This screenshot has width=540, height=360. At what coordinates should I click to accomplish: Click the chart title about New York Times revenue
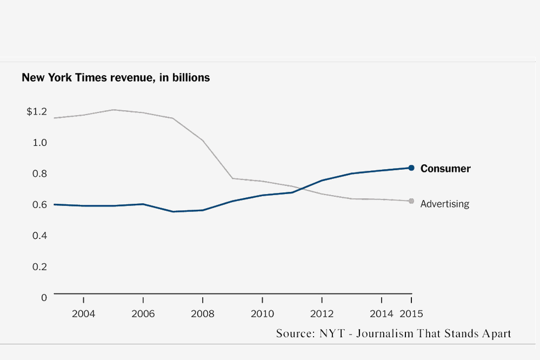tap(116, 78)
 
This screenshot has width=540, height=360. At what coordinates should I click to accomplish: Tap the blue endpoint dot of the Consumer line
tap(411, 168)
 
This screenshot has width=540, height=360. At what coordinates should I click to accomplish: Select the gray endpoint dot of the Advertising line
tap(411, 201)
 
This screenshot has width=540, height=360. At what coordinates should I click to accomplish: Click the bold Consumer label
tap(445, 169)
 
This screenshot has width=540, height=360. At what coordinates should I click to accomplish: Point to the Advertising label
tap(444, 204)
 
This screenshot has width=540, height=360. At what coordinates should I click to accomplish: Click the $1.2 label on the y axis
tap(37, 112)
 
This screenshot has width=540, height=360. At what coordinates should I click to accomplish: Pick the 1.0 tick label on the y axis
tap(40, 143)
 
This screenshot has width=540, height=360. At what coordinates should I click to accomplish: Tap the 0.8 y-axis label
tap(40, 174)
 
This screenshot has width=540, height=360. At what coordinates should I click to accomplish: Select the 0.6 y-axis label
tap(40, 205)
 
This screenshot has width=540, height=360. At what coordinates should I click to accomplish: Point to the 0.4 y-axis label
tap(40, 236)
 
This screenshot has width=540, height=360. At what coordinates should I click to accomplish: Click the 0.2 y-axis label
tap(40, 266)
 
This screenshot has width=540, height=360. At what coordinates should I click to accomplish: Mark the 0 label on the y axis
tap(44, 297)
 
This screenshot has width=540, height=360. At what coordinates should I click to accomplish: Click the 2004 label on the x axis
tap(83, 314)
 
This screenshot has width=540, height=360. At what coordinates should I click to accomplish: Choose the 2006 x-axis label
tap(143, 314)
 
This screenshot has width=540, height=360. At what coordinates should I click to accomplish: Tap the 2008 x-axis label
tap(202, 314)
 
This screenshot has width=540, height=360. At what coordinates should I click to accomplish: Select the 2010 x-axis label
tap(262, 314)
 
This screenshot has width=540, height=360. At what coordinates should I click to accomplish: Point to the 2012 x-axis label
tap(322, 314)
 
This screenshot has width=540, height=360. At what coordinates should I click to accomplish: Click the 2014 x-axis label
tap(382, 314)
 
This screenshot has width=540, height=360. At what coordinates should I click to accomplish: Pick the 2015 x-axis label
tap(411, 314)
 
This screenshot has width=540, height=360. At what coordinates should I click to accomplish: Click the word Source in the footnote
tap(292, 333)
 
